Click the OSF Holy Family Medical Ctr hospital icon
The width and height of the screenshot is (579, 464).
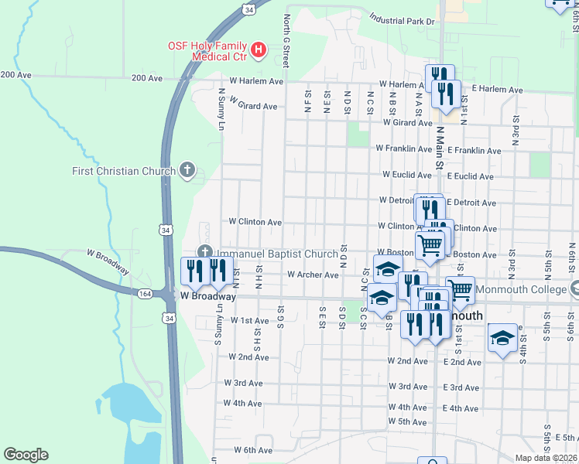click(259, 52)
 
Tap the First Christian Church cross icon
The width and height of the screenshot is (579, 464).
click(187, 170)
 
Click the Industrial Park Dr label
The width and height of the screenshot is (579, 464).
click(403, 19)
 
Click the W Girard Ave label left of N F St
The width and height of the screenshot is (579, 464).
click(253, 106)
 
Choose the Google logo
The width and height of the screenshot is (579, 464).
click(26, 455)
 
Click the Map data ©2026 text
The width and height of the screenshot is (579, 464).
click(546, 458)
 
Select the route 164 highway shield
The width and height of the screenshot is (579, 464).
click(146, 294)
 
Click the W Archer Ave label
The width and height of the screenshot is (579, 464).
click(313, 275)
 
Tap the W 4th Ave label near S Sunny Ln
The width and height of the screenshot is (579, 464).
click(242, 403)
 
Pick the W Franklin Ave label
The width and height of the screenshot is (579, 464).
click(403, 148)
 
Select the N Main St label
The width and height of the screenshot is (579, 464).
click(438, 147)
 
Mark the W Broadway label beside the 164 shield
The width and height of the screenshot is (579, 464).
click(207, 296)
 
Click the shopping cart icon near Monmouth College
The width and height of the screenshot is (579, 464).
click(461, 290)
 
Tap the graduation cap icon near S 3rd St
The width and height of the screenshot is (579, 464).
click(502, 338)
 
